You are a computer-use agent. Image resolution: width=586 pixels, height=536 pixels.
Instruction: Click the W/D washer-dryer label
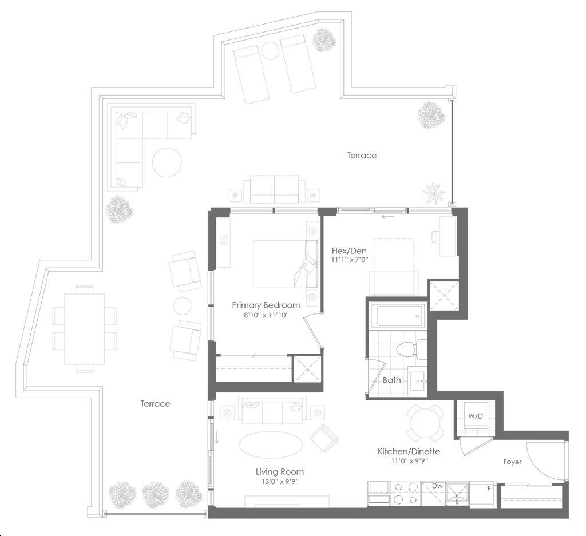click(x=476, y=416)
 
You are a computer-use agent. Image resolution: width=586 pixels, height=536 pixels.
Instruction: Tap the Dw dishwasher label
click(x=437, y=486)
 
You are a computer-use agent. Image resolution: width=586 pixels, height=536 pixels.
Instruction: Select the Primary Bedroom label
click(x=266, y=305)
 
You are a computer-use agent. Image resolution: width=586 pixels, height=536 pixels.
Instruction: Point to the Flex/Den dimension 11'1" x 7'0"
click(x=350, y=260)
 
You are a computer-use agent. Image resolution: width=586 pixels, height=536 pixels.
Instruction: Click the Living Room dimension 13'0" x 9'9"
click(x=279, y=482)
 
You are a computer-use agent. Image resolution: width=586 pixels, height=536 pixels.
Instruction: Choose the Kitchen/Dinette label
click(x=409, y=451)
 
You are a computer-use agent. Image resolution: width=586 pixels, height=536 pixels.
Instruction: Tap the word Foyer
click(x=512, y=462)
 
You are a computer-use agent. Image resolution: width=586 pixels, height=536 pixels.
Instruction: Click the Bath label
click(x=391, y=380)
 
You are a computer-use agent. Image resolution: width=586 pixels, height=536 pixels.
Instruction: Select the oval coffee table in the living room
click(x=271, y=445)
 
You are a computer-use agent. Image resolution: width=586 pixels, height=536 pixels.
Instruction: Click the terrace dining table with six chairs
click(x=85, y=329)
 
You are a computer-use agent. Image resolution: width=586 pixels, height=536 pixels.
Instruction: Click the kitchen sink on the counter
click(x=458, y=493)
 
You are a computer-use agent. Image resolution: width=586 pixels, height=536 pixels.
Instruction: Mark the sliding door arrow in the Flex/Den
click(x=388, y=216)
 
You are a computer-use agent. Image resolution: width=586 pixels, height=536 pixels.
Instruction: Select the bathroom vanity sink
click(x=418, y=382)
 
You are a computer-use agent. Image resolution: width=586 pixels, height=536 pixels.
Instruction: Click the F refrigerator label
click(x=489, y=488)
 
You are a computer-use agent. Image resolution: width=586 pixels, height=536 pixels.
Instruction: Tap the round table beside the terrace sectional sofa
click(x=167, y=162)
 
